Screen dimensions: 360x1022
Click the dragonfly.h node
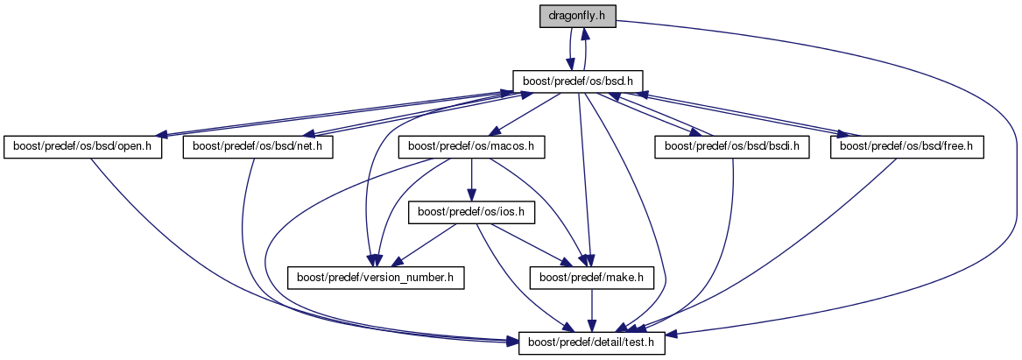pyautogui.click(x=578, y=16)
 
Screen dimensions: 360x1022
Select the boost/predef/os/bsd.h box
pyautogui.click(x=578, y=81)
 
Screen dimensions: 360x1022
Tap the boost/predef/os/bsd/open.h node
pyautogui.click(x=83, y=146)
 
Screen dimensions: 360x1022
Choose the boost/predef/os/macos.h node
pyautogui.click(x=471, y=146)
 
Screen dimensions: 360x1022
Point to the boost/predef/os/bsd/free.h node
pyautogui.click(x=907, y=146)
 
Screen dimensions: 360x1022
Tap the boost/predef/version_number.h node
pyautogui.click(x=377, y=278)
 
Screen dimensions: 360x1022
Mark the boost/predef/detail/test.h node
pyautogui.click(x=593, y=343)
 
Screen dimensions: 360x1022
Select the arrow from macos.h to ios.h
pyautogui.click(x=470, y=180)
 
